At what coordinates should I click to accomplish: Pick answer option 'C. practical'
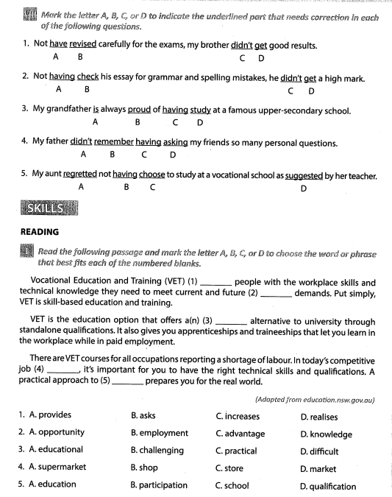pos(236,451)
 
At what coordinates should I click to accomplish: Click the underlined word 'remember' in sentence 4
pos(113,144)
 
